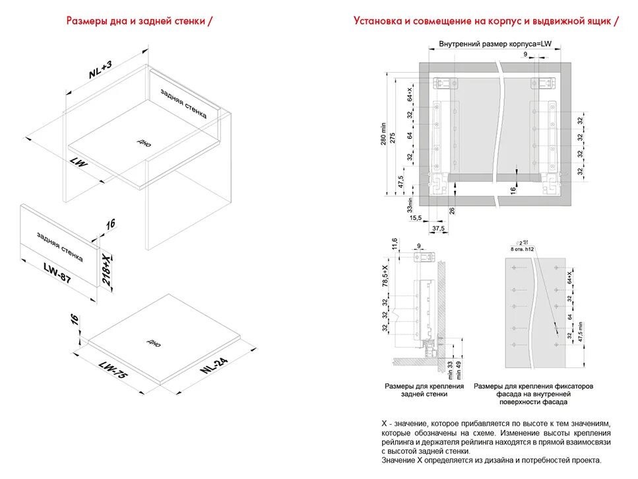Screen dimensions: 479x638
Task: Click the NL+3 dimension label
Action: (x=101, y=69)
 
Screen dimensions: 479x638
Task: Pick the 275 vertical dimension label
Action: (x=393, y=137)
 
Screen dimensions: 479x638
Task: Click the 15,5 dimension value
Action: (x=415, y=217)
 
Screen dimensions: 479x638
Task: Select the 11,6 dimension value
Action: (x=395, y=244)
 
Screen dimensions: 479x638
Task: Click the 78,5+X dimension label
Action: (x=395, y=275)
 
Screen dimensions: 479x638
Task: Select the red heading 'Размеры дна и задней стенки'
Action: (x=139, y=21)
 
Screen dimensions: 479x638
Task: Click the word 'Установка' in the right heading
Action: (x=377, y=21)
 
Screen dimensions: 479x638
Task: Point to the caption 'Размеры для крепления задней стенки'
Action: (x=424, y=389)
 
